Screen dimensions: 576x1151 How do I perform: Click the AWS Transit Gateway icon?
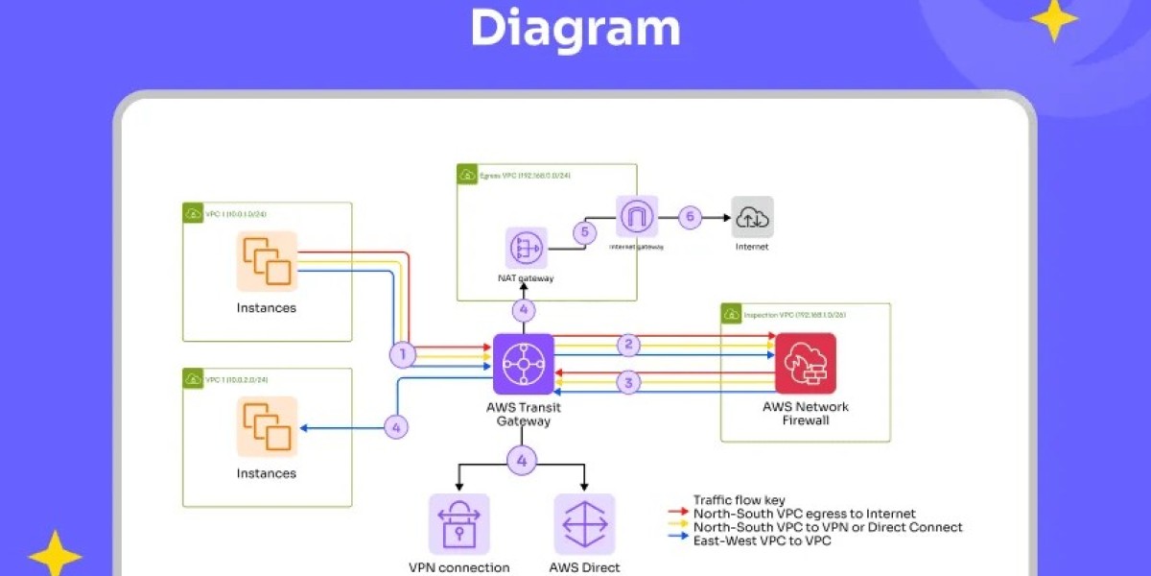(524, 364)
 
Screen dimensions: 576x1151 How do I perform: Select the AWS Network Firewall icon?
(806, 364)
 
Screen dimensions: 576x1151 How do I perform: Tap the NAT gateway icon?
(527, 248)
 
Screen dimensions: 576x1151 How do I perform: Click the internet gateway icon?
(637, 216)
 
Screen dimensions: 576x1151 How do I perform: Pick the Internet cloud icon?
(752, 217)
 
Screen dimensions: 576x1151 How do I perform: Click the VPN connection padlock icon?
(458, 524)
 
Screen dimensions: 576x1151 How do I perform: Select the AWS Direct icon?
(584, 524)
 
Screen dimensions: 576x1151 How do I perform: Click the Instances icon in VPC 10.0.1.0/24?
(268, 261)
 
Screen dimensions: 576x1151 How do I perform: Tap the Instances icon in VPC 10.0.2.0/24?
(268, 426)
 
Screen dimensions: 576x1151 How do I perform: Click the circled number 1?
(404, 355)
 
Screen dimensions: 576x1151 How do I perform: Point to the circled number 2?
(628, 345)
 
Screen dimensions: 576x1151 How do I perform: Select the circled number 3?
(628, 383)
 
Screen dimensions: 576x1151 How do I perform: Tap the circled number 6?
(690, 217)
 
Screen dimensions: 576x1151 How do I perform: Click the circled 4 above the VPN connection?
(522, 461)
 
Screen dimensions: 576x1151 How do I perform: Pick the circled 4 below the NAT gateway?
(523, 310)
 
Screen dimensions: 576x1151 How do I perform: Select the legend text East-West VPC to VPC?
(762, 540)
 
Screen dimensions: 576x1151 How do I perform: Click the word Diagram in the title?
(575, 28)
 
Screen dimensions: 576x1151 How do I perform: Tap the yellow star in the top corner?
(1054, 19)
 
